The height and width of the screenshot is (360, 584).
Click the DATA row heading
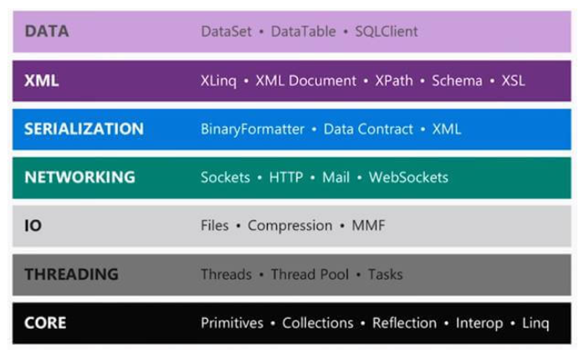point(47,32)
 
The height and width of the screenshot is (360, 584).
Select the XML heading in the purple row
point(42,80)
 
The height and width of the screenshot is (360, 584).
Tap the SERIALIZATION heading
point(84,129)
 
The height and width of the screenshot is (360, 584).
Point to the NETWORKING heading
point(79,177)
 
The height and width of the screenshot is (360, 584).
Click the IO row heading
point(33,226)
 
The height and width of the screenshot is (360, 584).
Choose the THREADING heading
point(71,275)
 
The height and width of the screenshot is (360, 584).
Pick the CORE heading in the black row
point(45,323)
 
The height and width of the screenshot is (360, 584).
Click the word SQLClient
point(387,32)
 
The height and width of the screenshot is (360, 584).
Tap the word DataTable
point(305,32)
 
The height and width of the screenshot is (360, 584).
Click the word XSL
point(514,81)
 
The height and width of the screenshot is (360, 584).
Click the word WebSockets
point(408,177)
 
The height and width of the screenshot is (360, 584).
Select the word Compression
point(289,226)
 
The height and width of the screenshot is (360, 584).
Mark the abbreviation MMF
point(369,226)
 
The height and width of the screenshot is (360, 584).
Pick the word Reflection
point(405,323)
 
